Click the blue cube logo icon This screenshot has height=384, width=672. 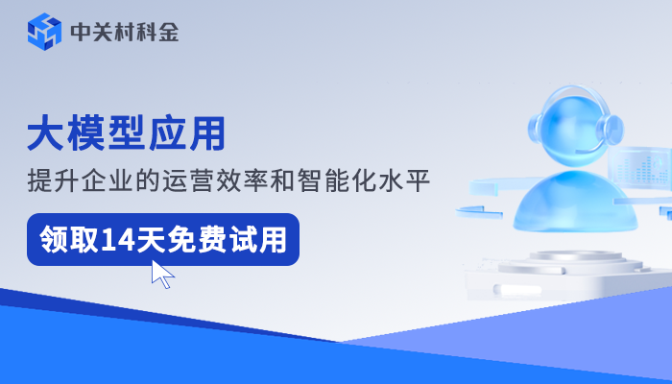pos(43,32)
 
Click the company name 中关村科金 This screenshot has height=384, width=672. pos(124,32)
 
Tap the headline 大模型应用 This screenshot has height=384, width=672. pos(126,132)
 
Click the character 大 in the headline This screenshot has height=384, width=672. pos(46,132)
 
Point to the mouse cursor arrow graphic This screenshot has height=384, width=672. pos(162,275)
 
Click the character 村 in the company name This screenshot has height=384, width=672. pos(124,32)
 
